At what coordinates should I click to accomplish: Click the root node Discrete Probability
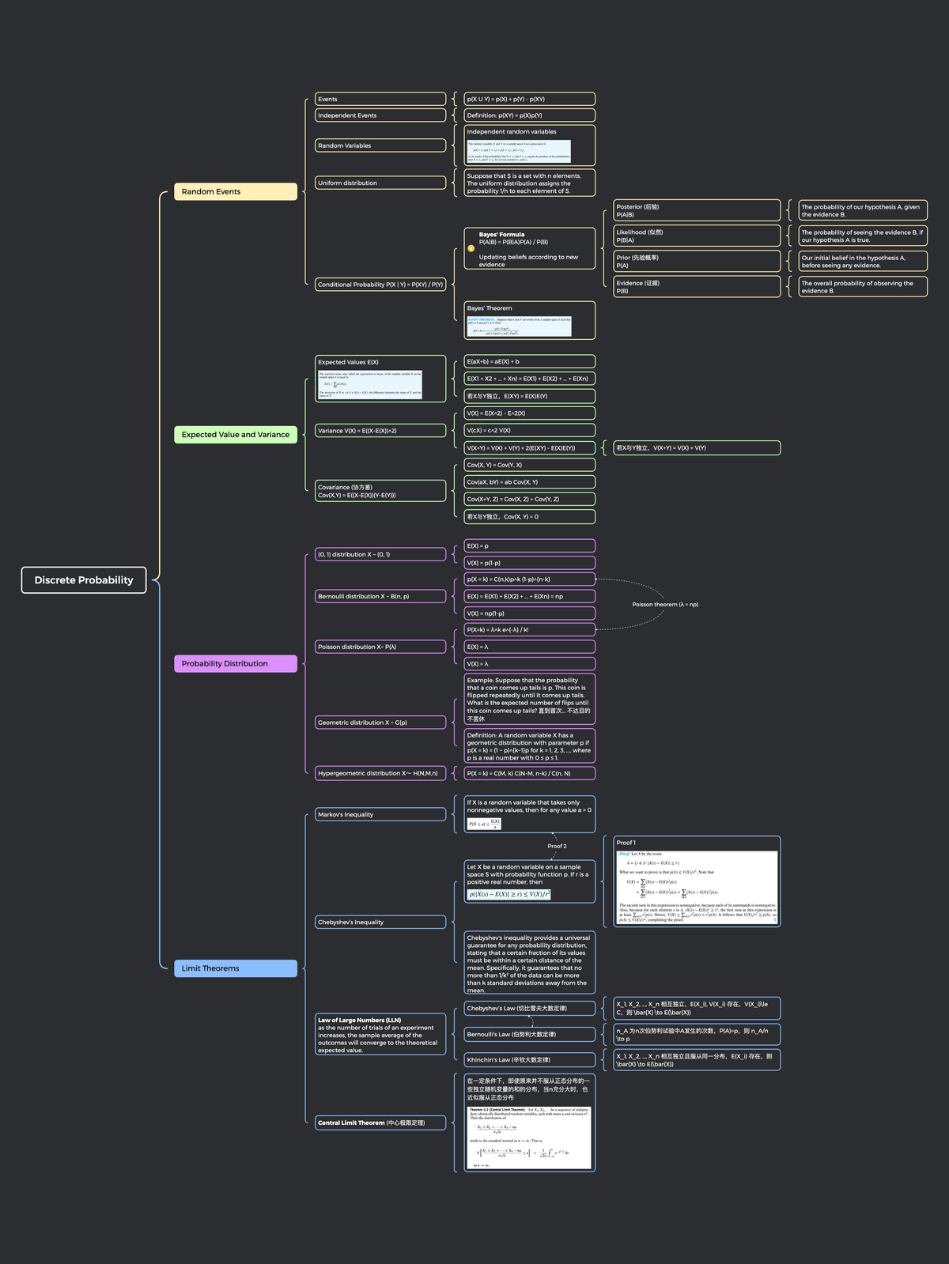(84, 579)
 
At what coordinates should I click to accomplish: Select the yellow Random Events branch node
(235, 191)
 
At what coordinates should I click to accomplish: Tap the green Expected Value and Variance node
(235, 434)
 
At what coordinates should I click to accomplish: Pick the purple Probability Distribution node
(235, 663)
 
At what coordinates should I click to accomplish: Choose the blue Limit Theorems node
(235, 968)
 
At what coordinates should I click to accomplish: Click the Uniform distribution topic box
(380, 183)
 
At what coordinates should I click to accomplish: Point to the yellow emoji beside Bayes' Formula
(471, 248)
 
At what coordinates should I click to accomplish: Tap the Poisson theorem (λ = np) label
(665, 604)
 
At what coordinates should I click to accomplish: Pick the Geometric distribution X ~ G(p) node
(380, 722)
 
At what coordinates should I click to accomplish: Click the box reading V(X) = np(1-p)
(529, 613)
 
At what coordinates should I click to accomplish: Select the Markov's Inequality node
(380, 814)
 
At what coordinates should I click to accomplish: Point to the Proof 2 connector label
(557, 846)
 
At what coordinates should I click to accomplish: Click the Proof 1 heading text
(626, 843)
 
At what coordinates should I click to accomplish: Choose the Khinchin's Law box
(529, 1059)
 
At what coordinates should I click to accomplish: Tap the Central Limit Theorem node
(380, 1123)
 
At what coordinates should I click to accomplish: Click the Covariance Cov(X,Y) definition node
(380, 491)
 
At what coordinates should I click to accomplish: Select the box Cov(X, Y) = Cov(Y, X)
(529, 465)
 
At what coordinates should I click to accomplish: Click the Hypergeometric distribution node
(380, 773)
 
